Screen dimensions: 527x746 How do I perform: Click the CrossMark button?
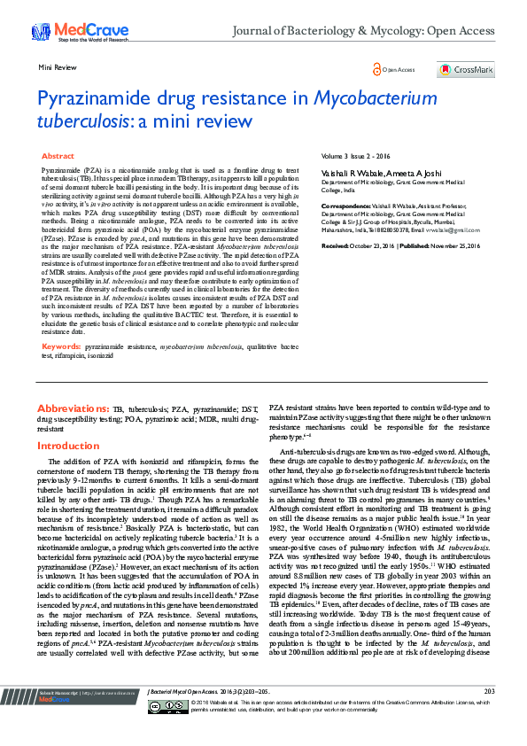465,69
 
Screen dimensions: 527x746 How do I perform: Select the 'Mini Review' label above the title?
56,67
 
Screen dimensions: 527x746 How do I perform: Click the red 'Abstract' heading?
58,156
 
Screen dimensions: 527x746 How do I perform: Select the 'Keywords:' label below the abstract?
63,346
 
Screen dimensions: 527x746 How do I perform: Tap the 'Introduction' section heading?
69,447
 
